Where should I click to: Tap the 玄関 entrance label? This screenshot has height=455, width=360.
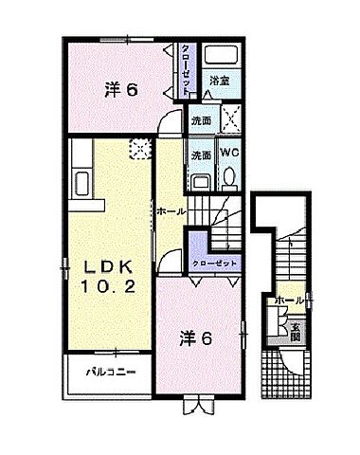click(296, 329)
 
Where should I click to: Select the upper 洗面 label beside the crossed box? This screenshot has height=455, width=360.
click(199, 122)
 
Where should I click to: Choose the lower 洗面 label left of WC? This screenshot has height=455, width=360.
click(200, 155)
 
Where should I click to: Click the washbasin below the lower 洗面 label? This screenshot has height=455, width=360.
click(201, 181)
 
